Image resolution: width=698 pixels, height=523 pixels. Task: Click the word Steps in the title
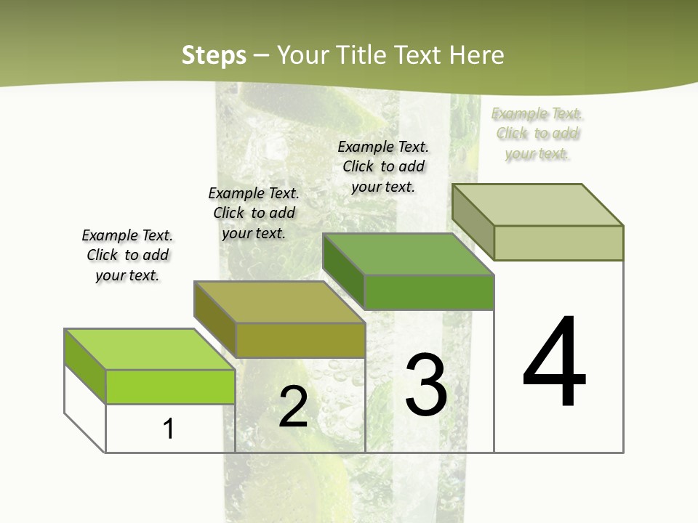point(213,55)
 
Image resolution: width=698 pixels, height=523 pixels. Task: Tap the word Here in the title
point(476,55)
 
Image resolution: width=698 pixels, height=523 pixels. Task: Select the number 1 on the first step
point(169,429)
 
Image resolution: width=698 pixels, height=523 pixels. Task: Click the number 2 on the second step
point(293,407)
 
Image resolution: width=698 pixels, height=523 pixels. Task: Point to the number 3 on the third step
point(425,385)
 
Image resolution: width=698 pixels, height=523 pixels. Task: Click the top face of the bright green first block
point(149,349)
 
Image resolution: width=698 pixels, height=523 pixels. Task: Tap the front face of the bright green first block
point(170,386)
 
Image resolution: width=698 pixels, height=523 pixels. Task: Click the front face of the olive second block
point(300,340)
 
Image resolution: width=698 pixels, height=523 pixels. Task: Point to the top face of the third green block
point(408,254)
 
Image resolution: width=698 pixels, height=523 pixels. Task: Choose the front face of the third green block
point(429,292)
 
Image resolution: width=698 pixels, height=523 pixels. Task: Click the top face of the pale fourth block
point(537,205)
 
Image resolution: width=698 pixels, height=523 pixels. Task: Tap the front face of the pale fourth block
point(558,243)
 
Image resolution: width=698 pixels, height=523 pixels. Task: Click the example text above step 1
point(127,255)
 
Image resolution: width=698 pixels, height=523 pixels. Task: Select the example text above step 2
point(254,213)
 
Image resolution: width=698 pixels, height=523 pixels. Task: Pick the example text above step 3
point(383,166)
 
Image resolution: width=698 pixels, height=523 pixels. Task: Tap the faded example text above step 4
point(537,133)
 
